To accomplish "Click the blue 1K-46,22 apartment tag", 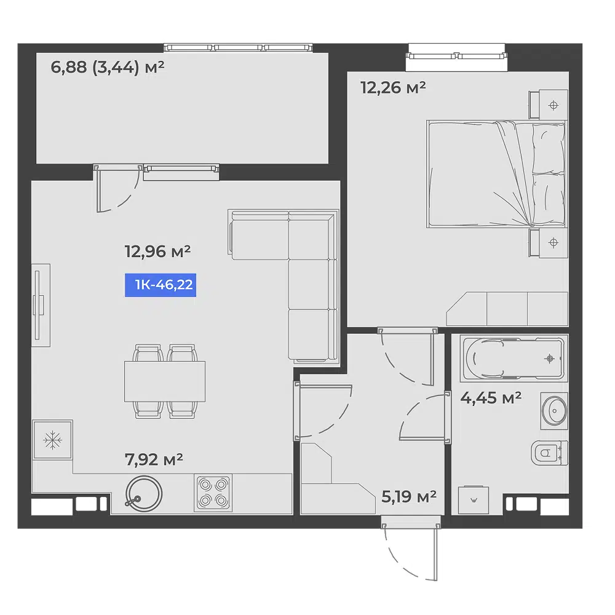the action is [x=161, y=285].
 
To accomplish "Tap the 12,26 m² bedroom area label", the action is [x=393, y=87].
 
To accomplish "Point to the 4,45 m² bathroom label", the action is [x=491, y=398].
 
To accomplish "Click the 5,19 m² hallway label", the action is [x=409, y=496].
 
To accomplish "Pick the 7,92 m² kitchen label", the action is [x=154, y=459].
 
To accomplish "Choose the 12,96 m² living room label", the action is [x=157, y=251].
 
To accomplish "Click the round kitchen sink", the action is [x=143, y=494].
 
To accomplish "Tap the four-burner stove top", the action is [x=213, y=493].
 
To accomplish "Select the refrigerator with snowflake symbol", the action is [x=52, y=440].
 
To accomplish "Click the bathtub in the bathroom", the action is [x=514, y=358].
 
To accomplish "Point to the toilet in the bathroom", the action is [x=549, y=453].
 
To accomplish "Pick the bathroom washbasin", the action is [x=554, y=411].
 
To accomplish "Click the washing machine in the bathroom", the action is [x=474, y=499].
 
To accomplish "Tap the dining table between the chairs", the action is [x=165, y=382].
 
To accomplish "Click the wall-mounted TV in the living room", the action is [x=41, y=305].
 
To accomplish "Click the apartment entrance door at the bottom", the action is [x=411, y=549].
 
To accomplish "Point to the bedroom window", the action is [x=456, y=56].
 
